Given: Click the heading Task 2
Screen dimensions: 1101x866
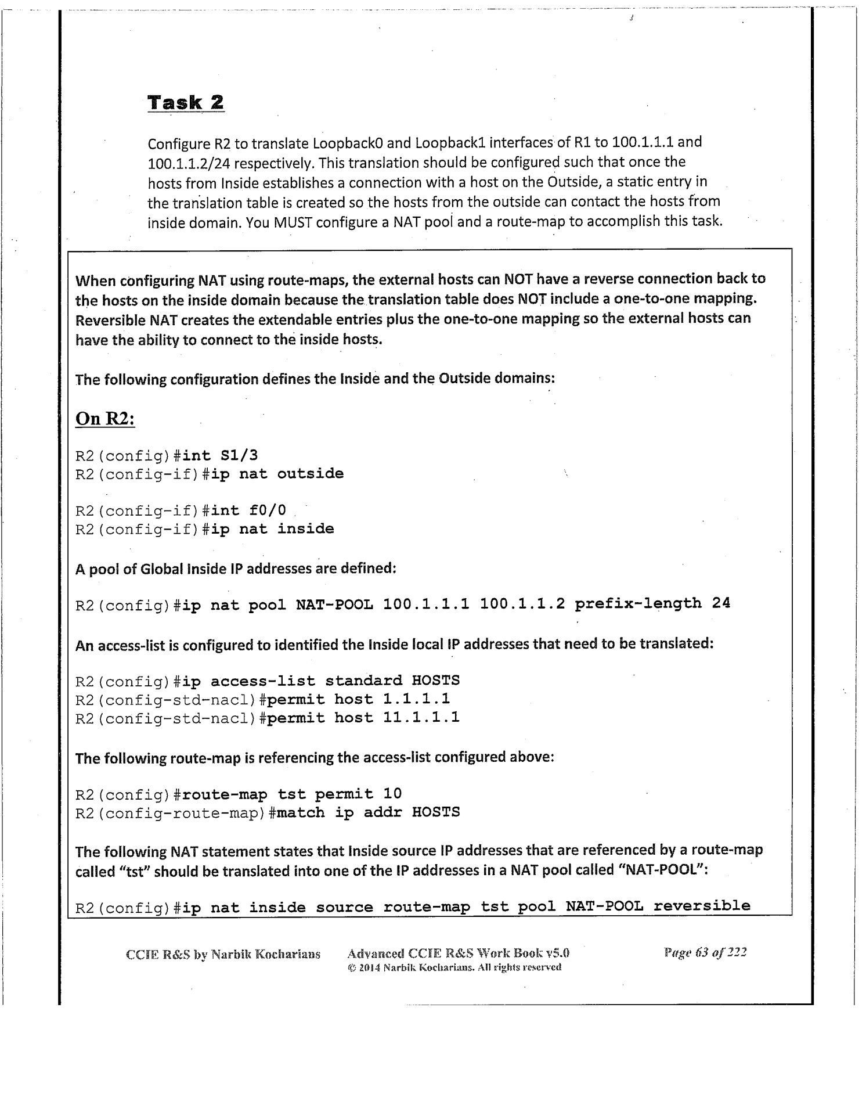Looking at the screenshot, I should click(186, 103).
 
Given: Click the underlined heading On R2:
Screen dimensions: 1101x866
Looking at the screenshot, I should click(105, 419).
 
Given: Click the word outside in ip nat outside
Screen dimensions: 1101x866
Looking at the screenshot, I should click(310, 474).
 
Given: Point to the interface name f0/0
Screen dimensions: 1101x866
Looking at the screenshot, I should click(268, 510).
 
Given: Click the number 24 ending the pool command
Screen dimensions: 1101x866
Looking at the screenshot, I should click(721, 603).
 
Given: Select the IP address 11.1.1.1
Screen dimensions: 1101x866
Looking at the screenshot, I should click(421, 718).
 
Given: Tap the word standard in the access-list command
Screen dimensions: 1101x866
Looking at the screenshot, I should click(363, 681).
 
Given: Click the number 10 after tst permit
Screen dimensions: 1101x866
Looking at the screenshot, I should click(392, 793).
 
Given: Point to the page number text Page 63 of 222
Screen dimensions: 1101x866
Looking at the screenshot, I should click(705, 952).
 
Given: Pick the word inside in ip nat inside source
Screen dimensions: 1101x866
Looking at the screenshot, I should click(277, 907).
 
